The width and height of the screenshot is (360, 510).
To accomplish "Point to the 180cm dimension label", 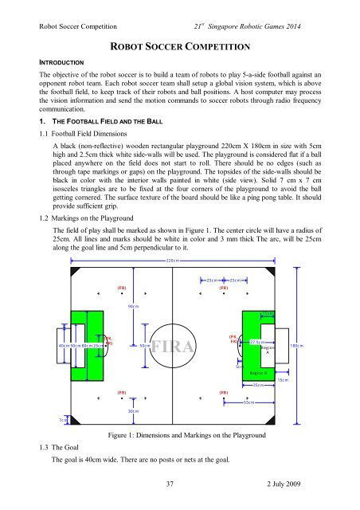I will [x=296, y=347].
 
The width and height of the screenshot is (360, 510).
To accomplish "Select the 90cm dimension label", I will [x=134, y=306].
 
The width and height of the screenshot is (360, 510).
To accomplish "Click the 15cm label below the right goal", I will [x=282, y=380].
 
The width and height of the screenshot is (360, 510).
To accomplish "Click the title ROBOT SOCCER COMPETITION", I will [x=179, y=45].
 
